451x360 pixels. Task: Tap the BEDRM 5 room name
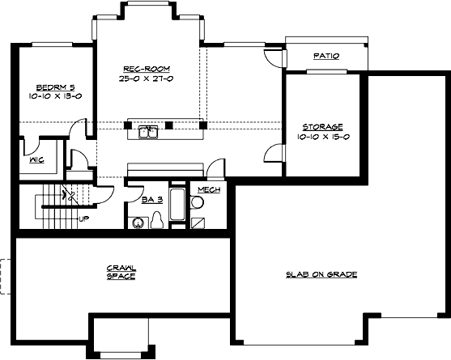click(53, 87)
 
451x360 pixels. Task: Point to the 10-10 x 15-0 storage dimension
click(323, 137)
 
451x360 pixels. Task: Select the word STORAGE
click(323, 127)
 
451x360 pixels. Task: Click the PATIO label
click(325, 56)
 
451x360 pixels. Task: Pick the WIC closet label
click(36, 159)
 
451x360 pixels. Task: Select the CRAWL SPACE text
click(121, 272)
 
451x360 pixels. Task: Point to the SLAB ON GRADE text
click(321, 274)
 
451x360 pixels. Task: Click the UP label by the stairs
click(83, 218)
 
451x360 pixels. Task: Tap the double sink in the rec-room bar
click(147, 131)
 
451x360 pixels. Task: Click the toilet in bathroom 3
click(159, 220)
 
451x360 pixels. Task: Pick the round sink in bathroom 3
click(138, 223)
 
